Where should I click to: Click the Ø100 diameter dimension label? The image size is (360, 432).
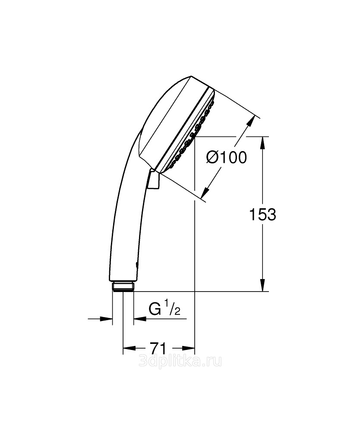tap(227, 158)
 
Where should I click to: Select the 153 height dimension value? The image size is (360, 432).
tap(262, 214)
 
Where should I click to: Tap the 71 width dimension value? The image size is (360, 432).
tap(159, 348)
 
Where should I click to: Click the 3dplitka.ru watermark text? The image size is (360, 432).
tap(180, 361)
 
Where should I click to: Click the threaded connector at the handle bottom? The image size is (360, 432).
tap(123, 286)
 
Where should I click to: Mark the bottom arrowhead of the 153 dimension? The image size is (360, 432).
tap(263, 285)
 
